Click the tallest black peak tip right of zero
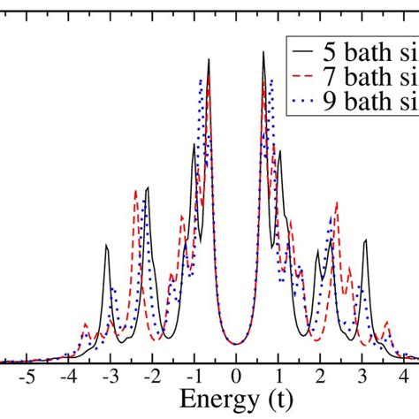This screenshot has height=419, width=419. point(263,52)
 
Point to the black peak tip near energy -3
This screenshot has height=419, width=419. point(107,248)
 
